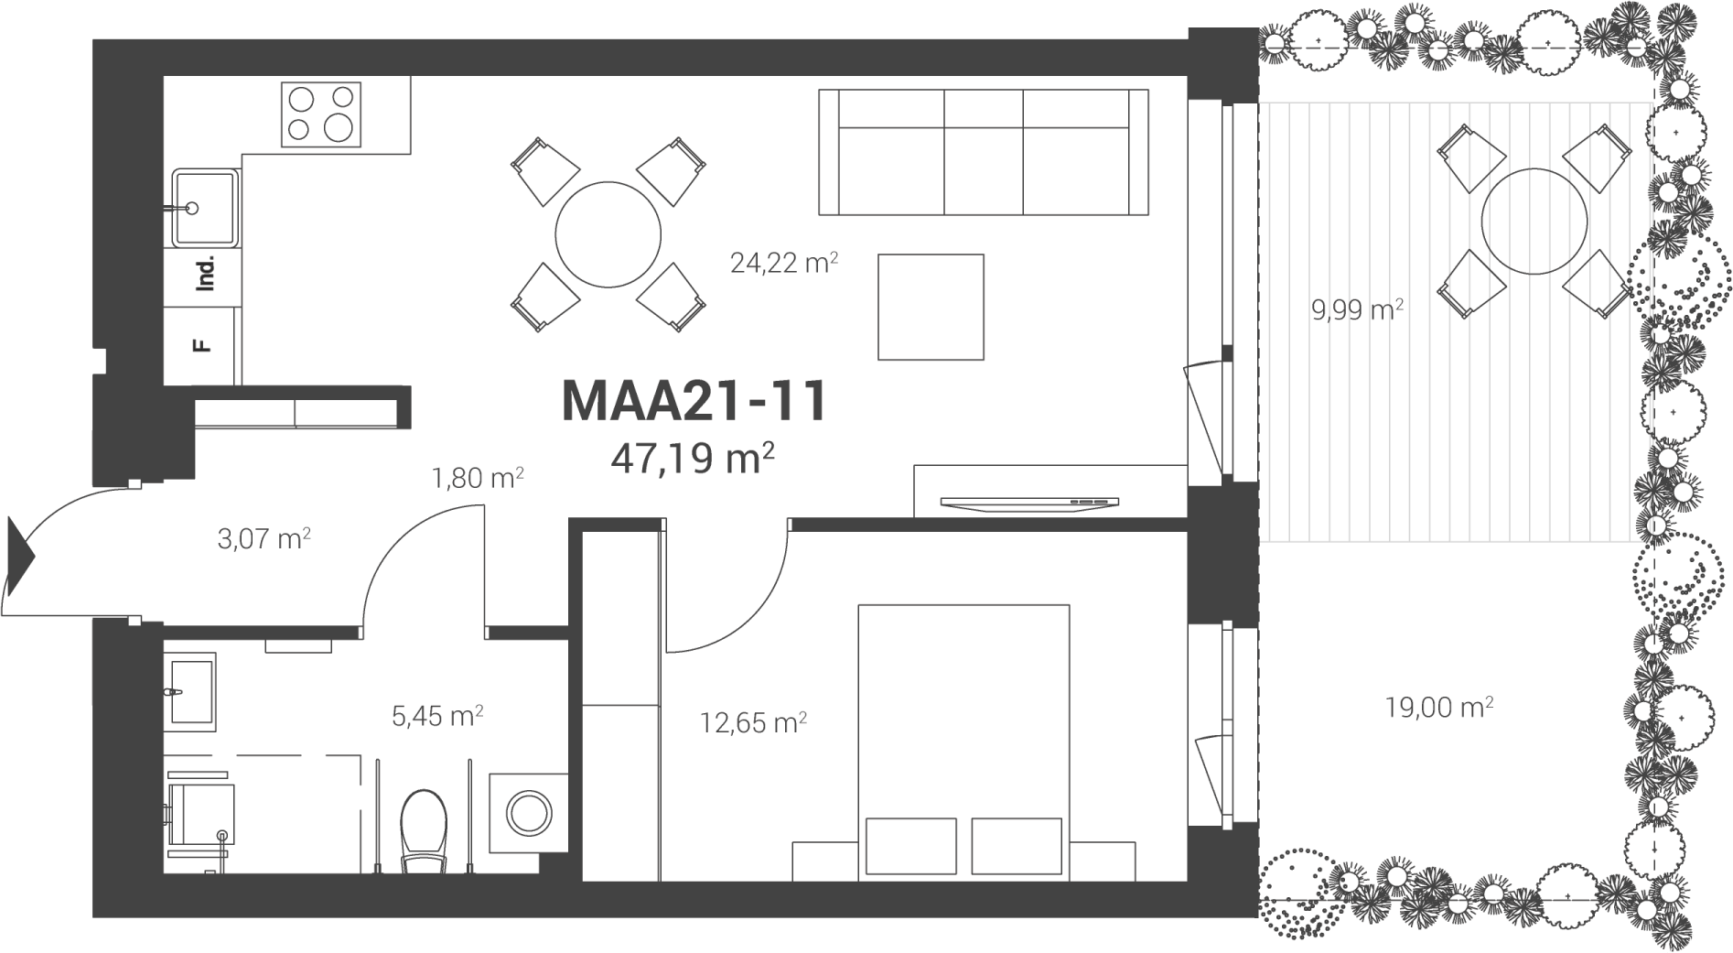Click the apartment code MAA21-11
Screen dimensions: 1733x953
[694, 402]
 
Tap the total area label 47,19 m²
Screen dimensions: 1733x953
[693, 458]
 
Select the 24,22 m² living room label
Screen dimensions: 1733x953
[784, 264]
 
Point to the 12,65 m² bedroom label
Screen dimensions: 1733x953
[753, 723]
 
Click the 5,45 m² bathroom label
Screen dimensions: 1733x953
[437, 716]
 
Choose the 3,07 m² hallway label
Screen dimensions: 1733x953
[264, 538]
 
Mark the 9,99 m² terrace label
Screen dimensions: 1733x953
[1357, 310]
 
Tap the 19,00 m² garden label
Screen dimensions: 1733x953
[1438, 708]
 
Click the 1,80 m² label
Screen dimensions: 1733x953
[477, 477]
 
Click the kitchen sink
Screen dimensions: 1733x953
[206, 208]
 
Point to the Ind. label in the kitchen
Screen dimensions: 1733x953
[206, 274]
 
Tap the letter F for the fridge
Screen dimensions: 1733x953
[201, 346]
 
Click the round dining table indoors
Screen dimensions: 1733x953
[608, 235]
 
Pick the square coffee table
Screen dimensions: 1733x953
[931, 307]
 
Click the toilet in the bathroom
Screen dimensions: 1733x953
[424, 831]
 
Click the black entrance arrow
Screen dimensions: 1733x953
[19, 556]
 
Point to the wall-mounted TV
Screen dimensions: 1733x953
[1029, 502]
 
